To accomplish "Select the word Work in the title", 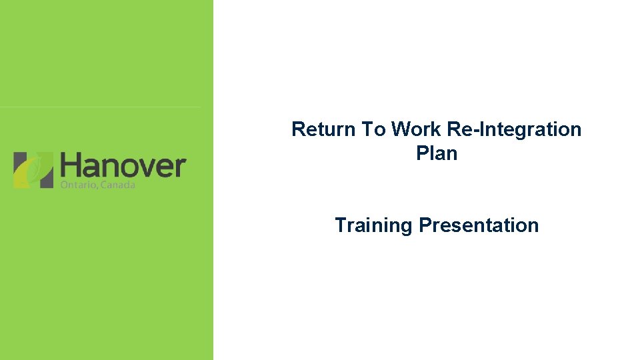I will tap(413, 129).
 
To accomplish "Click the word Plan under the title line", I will tap(437, 153).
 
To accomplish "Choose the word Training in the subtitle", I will tap(373, 225).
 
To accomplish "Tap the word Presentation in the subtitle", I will tap(479, 225).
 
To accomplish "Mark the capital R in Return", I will tap(298, 129).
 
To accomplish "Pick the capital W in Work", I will tap(401, 129).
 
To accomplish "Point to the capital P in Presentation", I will tap(425, 225).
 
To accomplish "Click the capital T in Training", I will tap(341, 225).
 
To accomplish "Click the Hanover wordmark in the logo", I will tap(123, 165).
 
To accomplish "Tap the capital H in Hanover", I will tap(70, 165).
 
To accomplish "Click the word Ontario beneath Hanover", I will tap(77, 185).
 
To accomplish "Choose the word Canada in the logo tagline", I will tap(117, 185).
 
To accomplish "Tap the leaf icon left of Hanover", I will tap(33, 169).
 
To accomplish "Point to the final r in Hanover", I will tap(179, 167).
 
